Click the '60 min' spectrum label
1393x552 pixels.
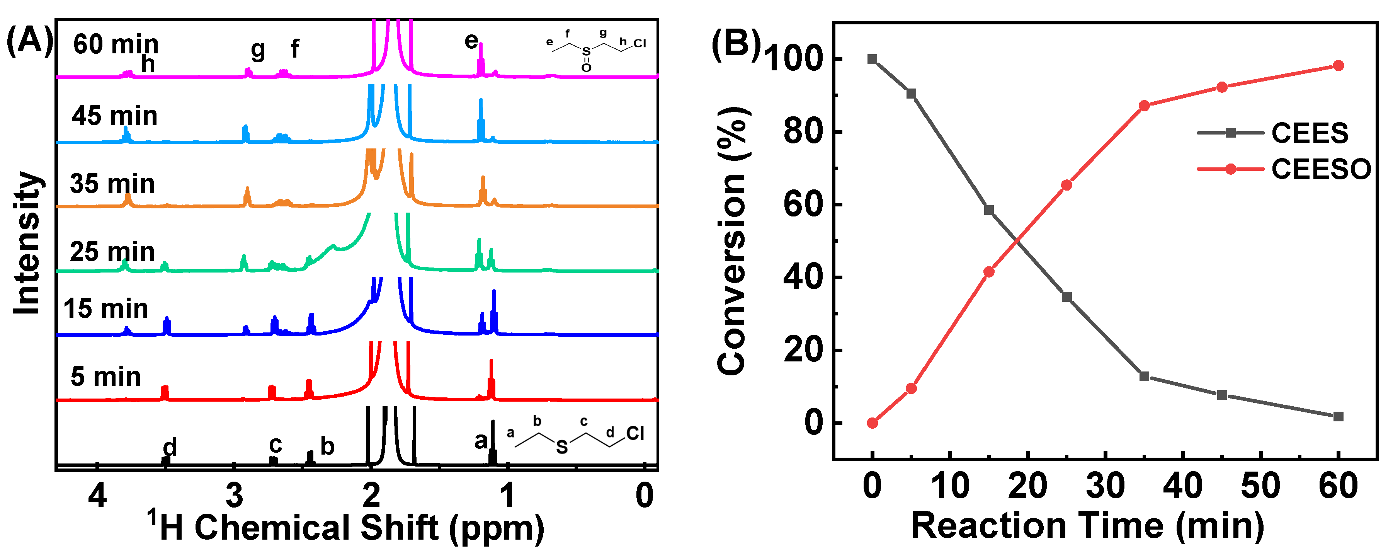coord(116,44)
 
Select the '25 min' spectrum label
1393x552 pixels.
coord(112,252)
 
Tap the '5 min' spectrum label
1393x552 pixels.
coord(105,377)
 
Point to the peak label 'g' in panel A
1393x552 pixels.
coord(258,50)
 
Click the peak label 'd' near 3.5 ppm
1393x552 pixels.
coord(170,447)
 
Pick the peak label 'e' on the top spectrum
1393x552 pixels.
coord(471,41)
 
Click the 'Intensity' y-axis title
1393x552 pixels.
coord(27,244)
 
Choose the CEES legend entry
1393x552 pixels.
coord(1309,133)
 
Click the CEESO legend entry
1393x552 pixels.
coord(1320,169)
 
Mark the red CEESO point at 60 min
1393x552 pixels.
coord(1339,65)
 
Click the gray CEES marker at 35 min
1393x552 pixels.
coord(1144,376)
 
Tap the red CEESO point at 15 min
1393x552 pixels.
coord(989,272)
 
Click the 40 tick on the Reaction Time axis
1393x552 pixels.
coord(1183,486)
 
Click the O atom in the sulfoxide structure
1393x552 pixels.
coord(586,68)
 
